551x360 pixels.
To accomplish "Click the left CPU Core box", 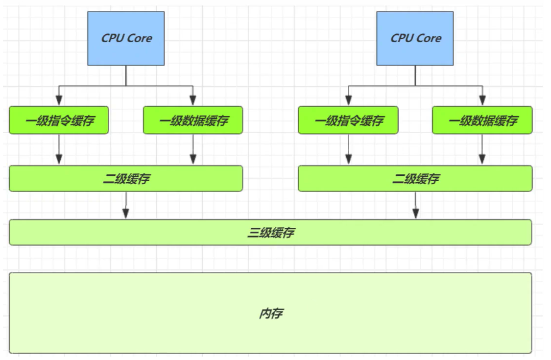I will [x=126, y=38].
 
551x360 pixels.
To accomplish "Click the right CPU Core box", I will [x=415, y=38].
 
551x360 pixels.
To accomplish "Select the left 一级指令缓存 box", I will [x=59, y=120].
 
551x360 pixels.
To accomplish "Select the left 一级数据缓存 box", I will [x=193, y=120].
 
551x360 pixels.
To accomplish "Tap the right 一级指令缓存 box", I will [x=348, y=120].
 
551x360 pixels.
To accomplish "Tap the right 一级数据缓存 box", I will [x=482, y=120].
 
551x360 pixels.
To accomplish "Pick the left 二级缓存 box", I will [x=126, y=178].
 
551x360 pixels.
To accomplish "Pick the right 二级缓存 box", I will [x=415, y=178].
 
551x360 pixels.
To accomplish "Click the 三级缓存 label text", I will [x=270, y=232].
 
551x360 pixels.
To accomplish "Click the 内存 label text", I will [x=270, y=313].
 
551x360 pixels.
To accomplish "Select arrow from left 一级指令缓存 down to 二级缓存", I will [x=59, y=149].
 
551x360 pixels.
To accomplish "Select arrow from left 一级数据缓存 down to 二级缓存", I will [x=193, y=149].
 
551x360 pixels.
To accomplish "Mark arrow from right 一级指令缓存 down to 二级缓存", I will [x=348, y=149].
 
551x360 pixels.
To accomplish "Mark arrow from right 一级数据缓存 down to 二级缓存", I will [x=482, y=149].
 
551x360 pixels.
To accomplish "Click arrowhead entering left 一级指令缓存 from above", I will [x=59, y=101].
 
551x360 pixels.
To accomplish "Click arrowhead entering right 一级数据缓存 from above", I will [x=482, y=101].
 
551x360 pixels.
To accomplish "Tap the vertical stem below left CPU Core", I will [x=126, y=75].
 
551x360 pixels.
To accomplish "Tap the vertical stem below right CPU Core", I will [x=415, y=75].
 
